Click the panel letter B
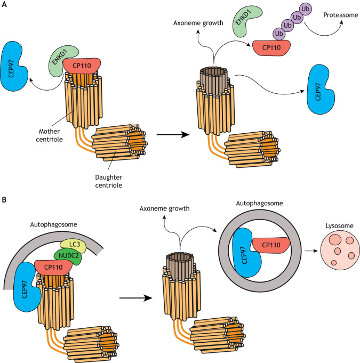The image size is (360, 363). pos(4,188)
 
